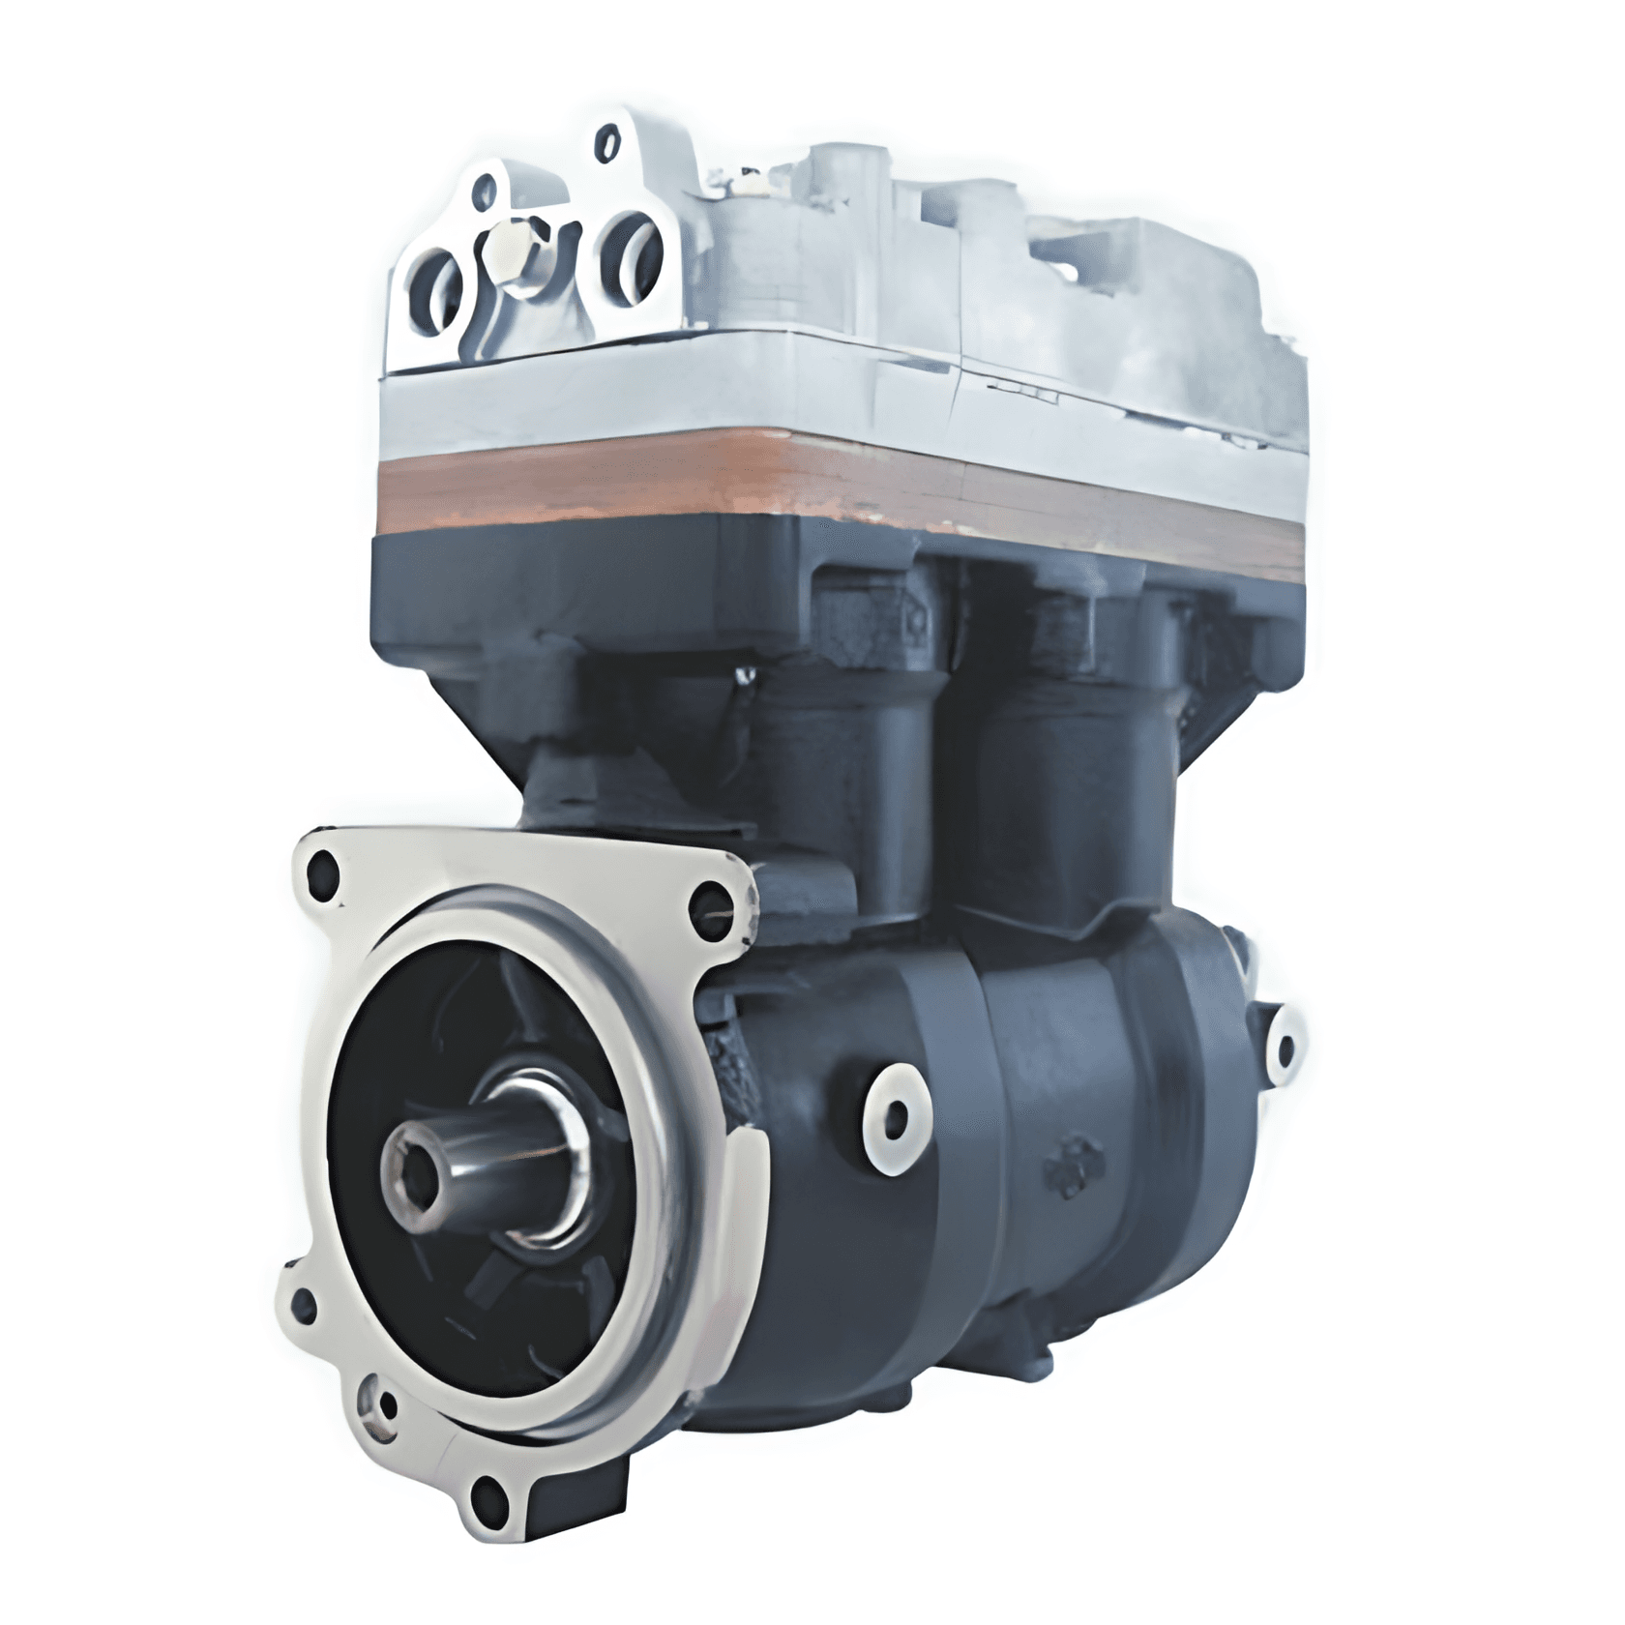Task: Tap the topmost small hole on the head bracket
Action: [606, 142]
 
